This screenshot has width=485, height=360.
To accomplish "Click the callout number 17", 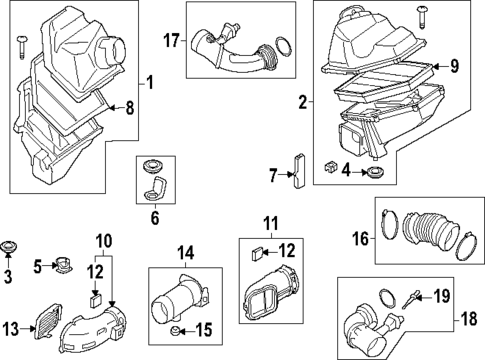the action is pyautogui.click(x=171, y=41).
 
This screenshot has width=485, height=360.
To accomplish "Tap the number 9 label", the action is pyautogui.click(x=454, y=66).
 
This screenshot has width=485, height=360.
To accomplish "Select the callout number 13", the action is pyautogui.click(x=11, y=329).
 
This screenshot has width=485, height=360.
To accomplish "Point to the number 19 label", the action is pyautogui.click(x=442, y=296).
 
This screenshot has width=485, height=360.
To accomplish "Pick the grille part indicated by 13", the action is pyautogui.click(x=48, y=321).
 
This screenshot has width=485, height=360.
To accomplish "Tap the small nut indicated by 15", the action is pyautogui.click(x=174, y=331).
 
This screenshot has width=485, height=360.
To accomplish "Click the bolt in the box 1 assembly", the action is pyautogui.click(x=23, y=47).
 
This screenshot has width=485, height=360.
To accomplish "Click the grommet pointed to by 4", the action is pyautogui.click(x=376, y=172).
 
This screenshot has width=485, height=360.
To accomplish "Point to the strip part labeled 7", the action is pyautogui.click(x=299, y=171).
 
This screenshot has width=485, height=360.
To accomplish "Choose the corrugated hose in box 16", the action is pyautogui.click(x=431, y=231).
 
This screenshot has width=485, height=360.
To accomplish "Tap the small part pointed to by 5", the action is pyautogui.click(x=63, y=265).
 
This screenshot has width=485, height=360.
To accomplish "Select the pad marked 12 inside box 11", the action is pyautogui.click(x=257, y=254).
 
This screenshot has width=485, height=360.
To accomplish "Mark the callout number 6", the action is pyautogui.click(x=155, y=218).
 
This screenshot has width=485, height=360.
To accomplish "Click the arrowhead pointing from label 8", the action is pyautogui.click(x=112, y=107).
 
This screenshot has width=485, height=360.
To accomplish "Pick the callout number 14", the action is pyautogui.click(x=185, y=253).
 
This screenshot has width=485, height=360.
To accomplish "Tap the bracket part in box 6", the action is pyautogui.click(x=156, y=189).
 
